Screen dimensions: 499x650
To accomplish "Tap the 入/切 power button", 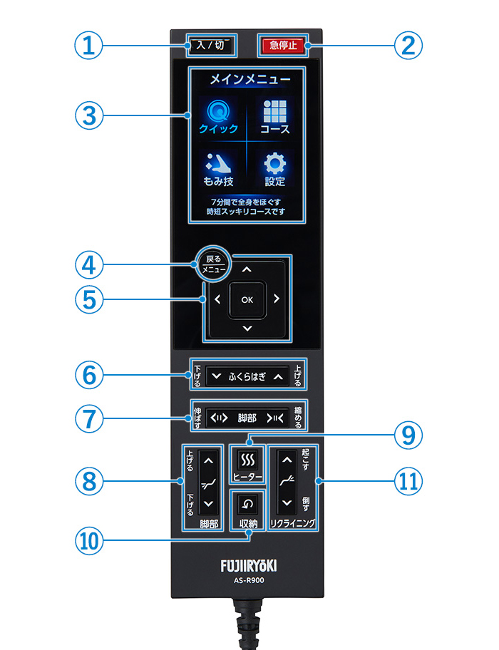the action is [211, 45].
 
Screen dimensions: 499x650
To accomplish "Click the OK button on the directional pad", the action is [247, 300].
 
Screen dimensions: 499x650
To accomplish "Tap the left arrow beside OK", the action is [217, 299].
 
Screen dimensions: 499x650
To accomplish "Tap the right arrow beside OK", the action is [277, 299].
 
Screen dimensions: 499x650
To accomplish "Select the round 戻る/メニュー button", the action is [213, 264].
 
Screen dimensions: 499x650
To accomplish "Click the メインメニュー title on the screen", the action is [250, 79].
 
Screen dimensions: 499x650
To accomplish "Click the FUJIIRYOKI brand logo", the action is [248, 566].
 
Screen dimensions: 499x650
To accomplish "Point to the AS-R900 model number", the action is [249, 580].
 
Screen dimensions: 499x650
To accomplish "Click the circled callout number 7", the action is [89, 418].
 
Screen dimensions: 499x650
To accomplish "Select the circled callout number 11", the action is [408, 482].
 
